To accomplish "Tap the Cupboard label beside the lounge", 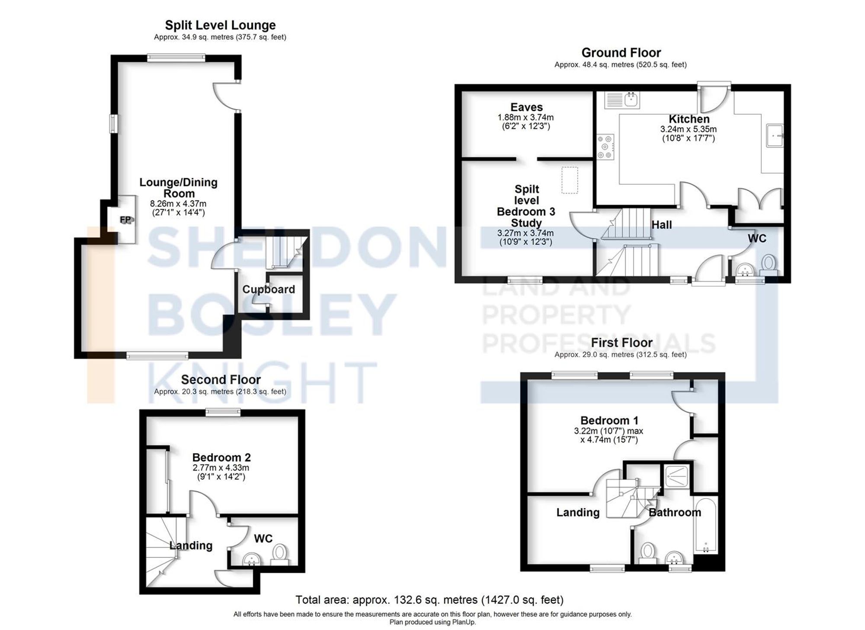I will [269, 289].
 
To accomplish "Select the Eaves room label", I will [526, 107].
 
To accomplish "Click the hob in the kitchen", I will [605, 147].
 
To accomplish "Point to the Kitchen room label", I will [689, 119].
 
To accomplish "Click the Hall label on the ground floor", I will [662, 225].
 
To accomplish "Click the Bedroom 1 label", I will [609, 420].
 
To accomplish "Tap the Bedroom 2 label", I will [221, 458].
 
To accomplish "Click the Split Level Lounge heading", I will [220, 25].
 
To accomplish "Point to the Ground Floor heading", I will [621, 53].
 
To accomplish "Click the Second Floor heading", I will [221, 380].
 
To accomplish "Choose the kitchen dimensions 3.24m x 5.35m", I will [688, 129].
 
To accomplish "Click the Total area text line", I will [429, 600].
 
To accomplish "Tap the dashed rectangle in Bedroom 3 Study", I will [570, 180].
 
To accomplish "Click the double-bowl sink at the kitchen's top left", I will [623, 100].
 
